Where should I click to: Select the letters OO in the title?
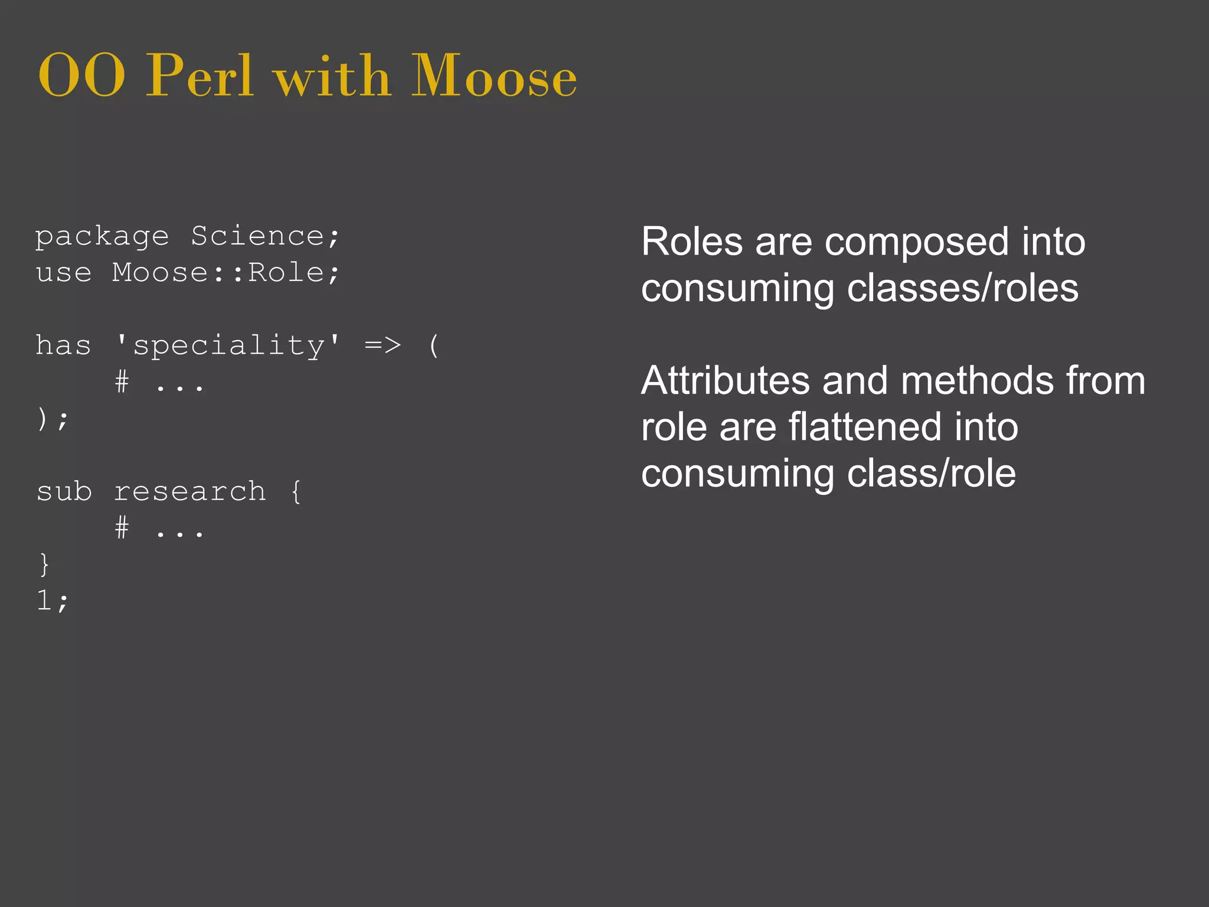(81, 77)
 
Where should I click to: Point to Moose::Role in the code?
(226, 273)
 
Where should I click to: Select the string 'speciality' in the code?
(228, 345)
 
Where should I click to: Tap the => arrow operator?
(383, 345)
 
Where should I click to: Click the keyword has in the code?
(63, 345)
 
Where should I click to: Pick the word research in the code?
(189, 491)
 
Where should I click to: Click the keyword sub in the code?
(64, 491)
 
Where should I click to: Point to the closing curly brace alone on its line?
(44, 565)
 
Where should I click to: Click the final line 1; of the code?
(53, 601)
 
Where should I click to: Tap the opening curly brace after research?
(296, 491)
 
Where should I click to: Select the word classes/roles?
(962, 288)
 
